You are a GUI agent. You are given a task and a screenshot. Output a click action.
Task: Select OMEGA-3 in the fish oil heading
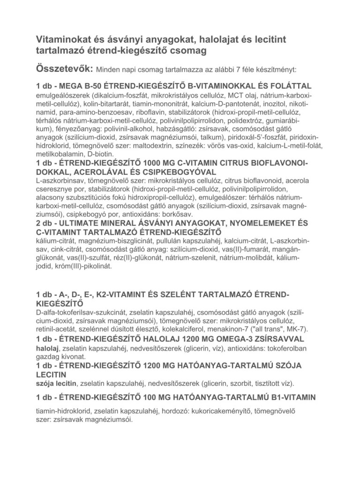(232, 338)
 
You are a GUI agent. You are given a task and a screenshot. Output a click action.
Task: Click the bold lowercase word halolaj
(47, 348)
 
